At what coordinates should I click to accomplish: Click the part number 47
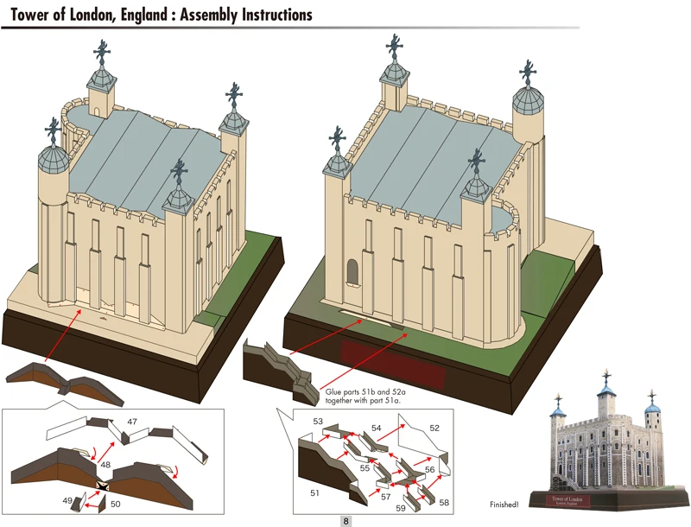[x=133, y=422]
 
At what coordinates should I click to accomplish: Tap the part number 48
[x=105, y=465]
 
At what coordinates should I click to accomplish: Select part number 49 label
[x=67, y=500]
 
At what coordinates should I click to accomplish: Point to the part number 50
[x=116, y=502]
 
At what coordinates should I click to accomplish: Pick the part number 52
[x=434, y=428]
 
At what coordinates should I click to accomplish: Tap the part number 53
[x=319, y=421]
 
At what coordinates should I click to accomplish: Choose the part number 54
[x=377, y=428]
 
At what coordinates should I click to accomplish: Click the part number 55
[x=365, y=467]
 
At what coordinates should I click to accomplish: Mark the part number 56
[x=429, y=469]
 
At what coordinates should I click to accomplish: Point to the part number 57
[x=385, y=498]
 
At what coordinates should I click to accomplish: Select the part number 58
[x=444, y=501]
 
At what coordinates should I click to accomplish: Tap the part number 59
[x=400, y=508]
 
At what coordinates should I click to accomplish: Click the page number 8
[x=345, y=521]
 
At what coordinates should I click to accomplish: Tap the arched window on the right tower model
[x=350, y=272]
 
